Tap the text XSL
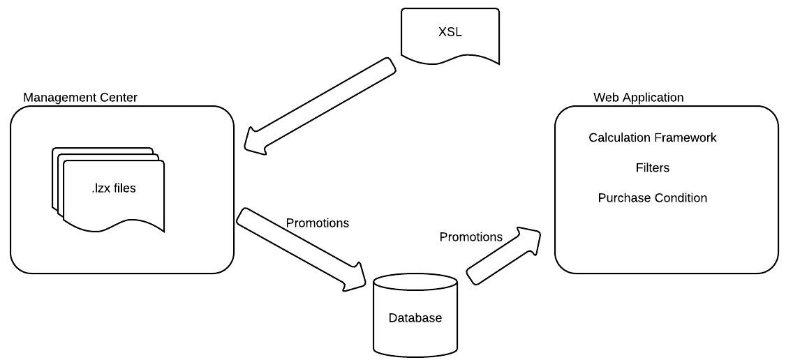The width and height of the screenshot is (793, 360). pyautogui.click(x=450, y=32)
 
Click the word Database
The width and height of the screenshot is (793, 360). pyautogui.click(x=415, y=318)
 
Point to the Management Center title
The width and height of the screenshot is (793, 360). pyautogui.click(x=80, y=97)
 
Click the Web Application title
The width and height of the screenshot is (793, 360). pyautogui.click(x=638, y=97)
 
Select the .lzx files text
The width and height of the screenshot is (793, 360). pyautogui.click(x=114, y=188)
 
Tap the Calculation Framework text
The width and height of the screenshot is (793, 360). pyautogui.click(x=652, y=137)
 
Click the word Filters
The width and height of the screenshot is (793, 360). pyautogui.click(x=652, y=167)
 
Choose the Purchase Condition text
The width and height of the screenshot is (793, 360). pyautogui.click(x=652, y=198)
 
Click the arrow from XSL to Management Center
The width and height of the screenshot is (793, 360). pyautogui.click(x=321, y=105)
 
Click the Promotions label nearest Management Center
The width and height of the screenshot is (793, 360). pyautogui.click(x=317, y=223)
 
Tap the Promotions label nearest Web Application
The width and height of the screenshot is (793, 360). pyautogui.click(x=470, y=237)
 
